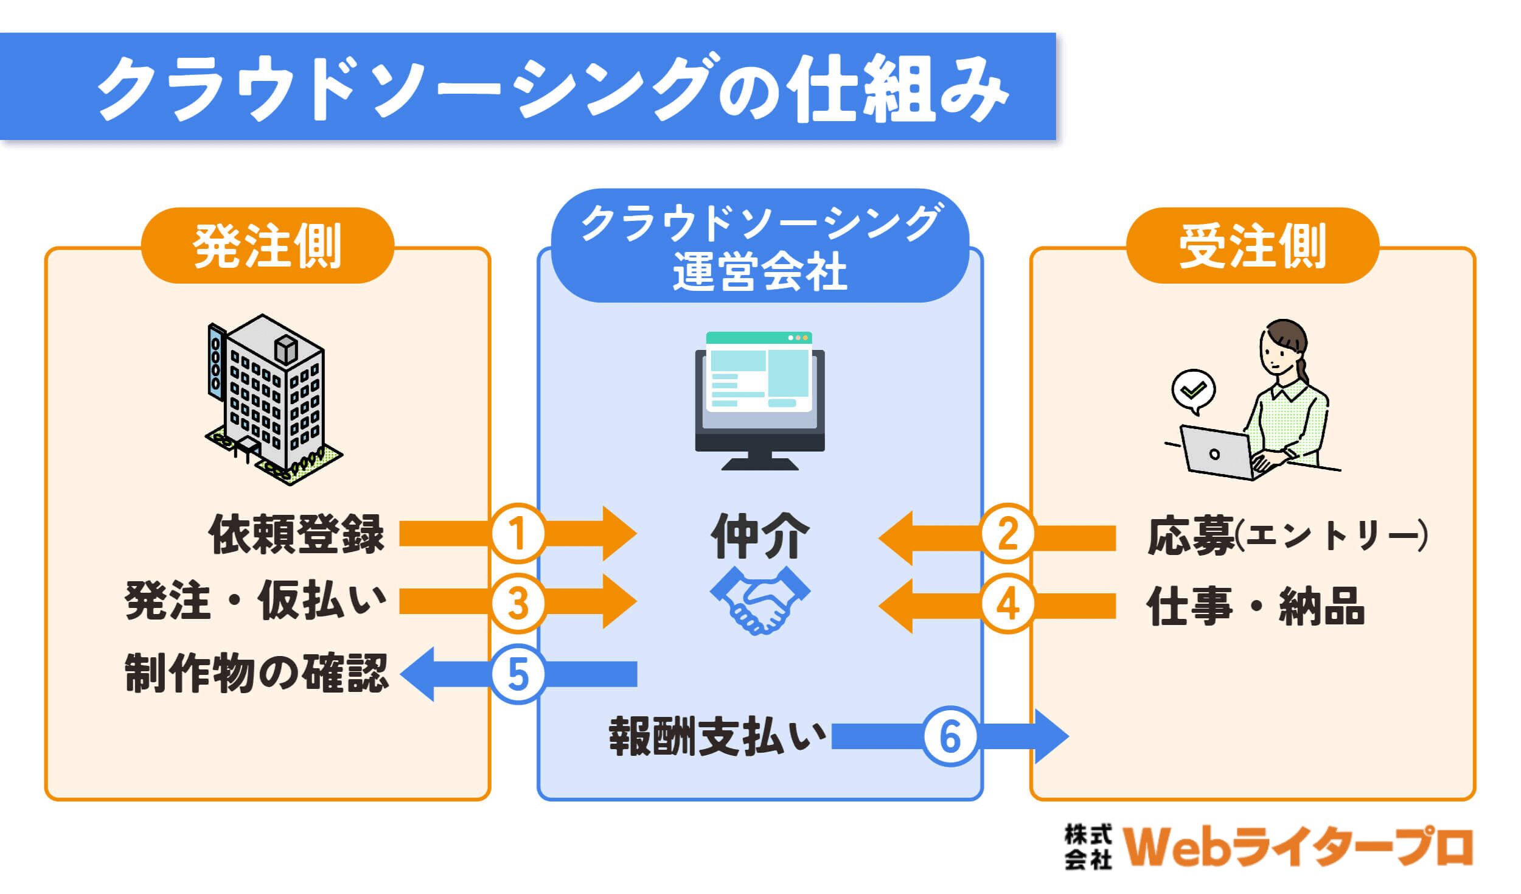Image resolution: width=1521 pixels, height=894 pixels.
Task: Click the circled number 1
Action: [518, 534]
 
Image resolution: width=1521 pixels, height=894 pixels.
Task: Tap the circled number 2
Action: [1008, 534]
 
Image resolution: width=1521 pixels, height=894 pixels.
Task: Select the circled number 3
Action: [518, 603]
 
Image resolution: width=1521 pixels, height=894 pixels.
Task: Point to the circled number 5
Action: [518, 674]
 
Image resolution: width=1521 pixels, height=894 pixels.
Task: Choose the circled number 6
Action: [950, 736]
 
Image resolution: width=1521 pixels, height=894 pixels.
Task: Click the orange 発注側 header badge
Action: [268, 245]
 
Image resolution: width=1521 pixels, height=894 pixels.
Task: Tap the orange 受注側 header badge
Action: [1253, 245]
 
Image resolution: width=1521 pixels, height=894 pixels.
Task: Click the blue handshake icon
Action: [760, 600]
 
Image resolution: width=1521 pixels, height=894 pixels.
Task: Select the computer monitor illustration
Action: [760, 400]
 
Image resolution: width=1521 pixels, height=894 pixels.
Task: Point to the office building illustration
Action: [273, 399]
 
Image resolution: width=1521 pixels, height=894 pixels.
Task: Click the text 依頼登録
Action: [296, 534]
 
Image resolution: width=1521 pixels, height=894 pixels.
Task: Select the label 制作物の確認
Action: [257, 673]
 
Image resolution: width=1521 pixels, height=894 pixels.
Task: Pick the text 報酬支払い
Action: [718, 736]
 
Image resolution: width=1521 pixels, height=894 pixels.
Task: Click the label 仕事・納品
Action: [1256, 606]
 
